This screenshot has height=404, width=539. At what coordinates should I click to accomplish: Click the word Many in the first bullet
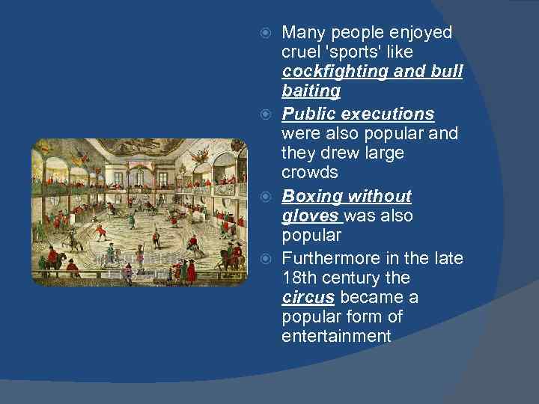click(x=303, y=33)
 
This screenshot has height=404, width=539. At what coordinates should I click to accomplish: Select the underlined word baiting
click(x=311, y=92)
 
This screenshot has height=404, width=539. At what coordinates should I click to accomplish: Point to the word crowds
click(x=310, y=172)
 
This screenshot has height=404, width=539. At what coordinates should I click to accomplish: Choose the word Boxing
click(x=310, y=196)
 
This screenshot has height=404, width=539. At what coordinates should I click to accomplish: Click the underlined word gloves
click(x=310, y=215)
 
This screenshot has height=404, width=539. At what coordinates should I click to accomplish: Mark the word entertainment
click(x=336, y=337)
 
